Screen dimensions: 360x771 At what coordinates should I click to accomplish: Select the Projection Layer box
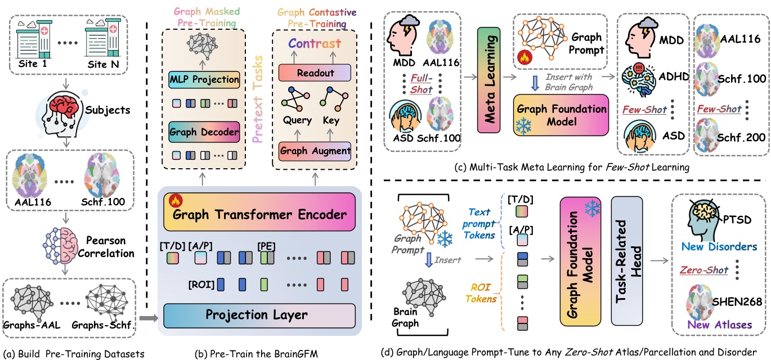click(x=261, y=313)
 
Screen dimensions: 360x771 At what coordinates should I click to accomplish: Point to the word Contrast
click(x=315, y=44)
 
